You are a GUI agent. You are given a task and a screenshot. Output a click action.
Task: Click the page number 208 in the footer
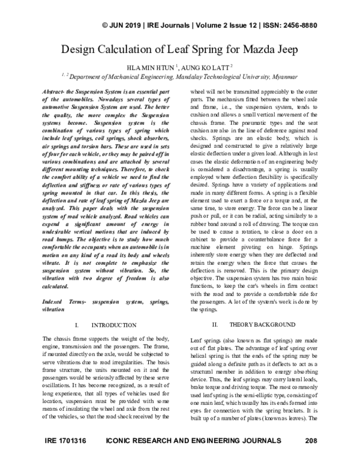[x=310, y=458]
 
